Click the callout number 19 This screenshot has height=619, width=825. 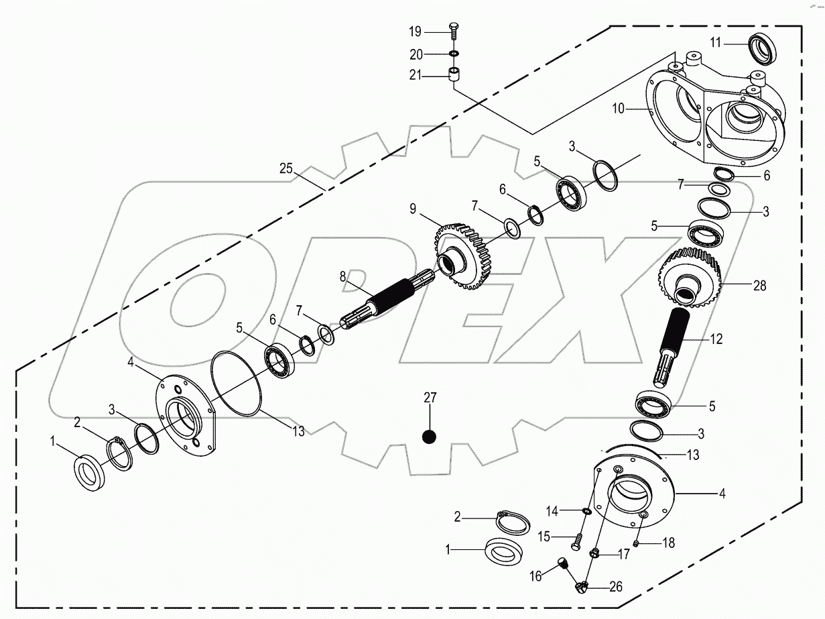click(416, 31)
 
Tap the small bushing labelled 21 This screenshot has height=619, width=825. click(454, 74)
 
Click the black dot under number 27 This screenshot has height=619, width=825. click(430, 437)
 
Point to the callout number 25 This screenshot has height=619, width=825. click(286, 168)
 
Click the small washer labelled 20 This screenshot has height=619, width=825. click(454, 53)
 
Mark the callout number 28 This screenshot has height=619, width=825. click(741, 286)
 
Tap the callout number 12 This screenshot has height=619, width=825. click(716, 339)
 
